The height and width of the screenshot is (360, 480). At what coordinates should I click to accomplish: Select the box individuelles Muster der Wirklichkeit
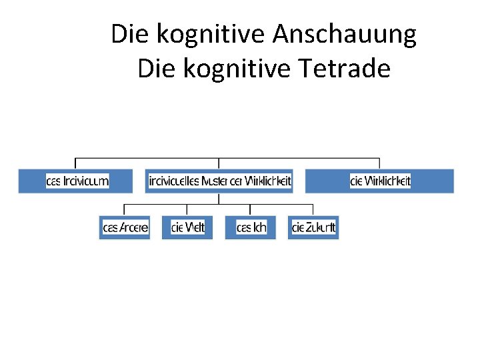(219, 181)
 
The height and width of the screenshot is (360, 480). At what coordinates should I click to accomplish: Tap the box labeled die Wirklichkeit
(379, 181)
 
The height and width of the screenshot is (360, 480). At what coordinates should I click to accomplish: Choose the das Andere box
(125, 228)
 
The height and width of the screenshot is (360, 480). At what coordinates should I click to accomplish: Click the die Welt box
(187, 228)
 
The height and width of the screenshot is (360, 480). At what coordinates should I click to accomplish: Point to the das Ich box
(251, 228)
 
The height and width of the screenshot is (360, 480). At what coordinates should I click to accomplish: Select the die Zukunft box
(313, 228)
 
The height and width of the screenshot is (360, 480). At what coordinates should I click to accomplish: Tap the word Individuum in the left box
(86, 181)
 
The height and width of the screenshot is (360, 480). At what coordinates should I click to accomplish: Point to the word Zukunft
(321, 228)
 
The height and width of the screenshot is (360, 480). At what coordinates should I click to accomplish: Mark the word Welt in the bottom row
(195, 228)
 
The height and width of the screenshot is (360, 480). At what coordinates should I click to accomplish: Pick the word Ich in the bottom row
(259, 228)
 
